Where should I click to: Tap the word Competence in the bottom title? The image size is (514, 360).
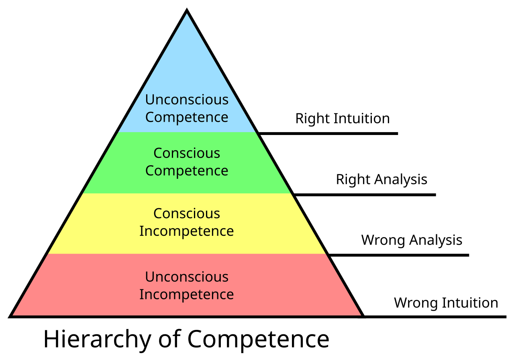point(258,339)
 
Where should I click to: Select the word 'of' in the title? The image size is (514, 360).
point(169,338)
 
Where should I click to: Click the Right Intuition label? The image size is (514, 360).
point(343,119)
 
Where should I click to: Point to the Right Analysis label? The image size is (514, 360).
point(381,180)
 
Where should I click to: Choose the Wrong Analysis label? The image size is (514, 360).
point(412,240)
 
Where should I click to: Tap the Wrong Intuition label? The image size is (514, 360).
point(446,303)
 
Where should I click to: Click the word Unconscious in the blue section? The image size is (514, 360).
point(187,100)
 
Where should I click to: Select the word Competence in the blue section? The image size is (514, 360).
point(187,118)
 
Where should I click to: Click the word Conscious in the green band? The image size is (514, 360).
point(187,153)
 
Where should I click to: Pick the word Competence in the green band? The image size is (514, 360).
point(187,171)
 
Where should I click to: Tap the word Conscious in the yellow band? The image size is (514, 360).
point(187,214)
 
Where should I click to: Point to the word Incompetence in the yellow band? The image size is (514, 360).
point(187,231)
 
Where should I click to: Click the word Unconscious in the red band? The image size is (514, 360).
point(187,277)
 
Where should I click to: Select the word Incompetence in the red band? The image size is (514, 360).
point(187,295)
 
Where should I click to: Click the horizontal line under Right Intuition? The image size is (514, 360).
point(328,133)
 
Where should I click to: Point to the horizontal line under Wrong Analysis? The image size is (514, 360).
point(399,255)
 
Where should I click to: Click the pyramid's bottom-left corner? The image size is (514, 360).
point(9,317)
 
